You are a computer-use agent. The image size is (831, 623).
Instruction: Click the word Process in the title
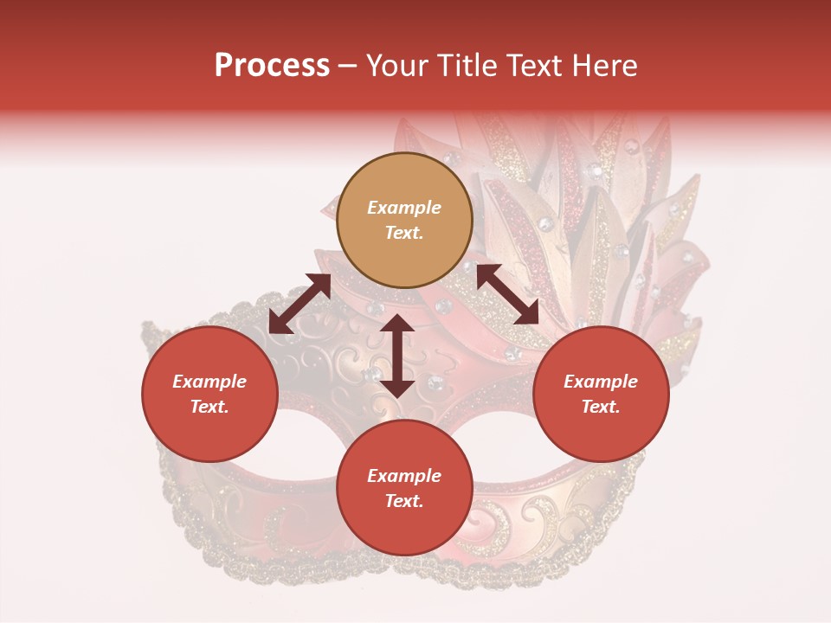pyautogui.click(x=272, y=66)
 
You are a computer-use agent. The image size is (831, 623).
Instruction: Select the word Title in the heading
pyautogui.click(x=473, y=66)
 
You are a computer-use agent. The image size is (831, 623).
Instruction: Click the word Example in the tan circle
pyautogui.click(x=404, y=208)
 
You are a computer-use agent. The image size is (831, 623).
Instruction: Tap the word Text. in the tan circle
pyautogui.click(x=404, y=233)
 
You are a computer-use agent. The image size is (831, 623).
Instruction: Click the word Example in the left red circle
pyautogui.click(x=209, y=382)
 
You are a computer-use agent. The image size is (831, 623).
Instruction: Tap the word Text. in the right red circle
pyautogui.click(x=600, y=407)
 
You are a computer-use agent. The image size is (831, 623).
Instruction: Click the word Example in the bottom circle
pyautogui.click(x=404, y=476)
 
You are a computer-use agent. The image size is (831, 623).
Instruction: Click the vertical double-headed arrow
pyautogui.click(x=397, y=356)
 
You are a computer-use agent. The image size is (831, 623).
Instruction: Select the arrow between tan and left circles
pyautogui.click(x=300, y=304)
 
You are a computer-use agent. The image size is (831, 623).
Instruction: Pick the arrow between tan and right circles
pyautogui.click(x=507, y=294)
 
